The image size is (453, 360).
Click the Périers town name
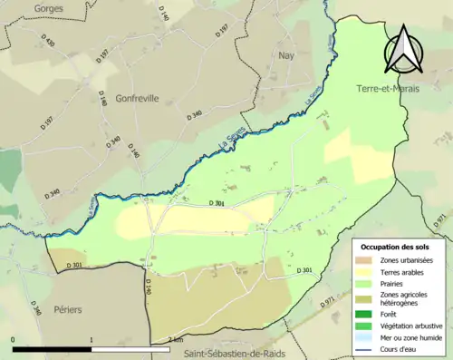[x=67, y=309]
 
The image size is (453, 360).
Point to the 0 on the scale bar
[x=13, y=339]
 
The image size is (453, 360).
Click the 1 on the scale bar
[x=92, y=339]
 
